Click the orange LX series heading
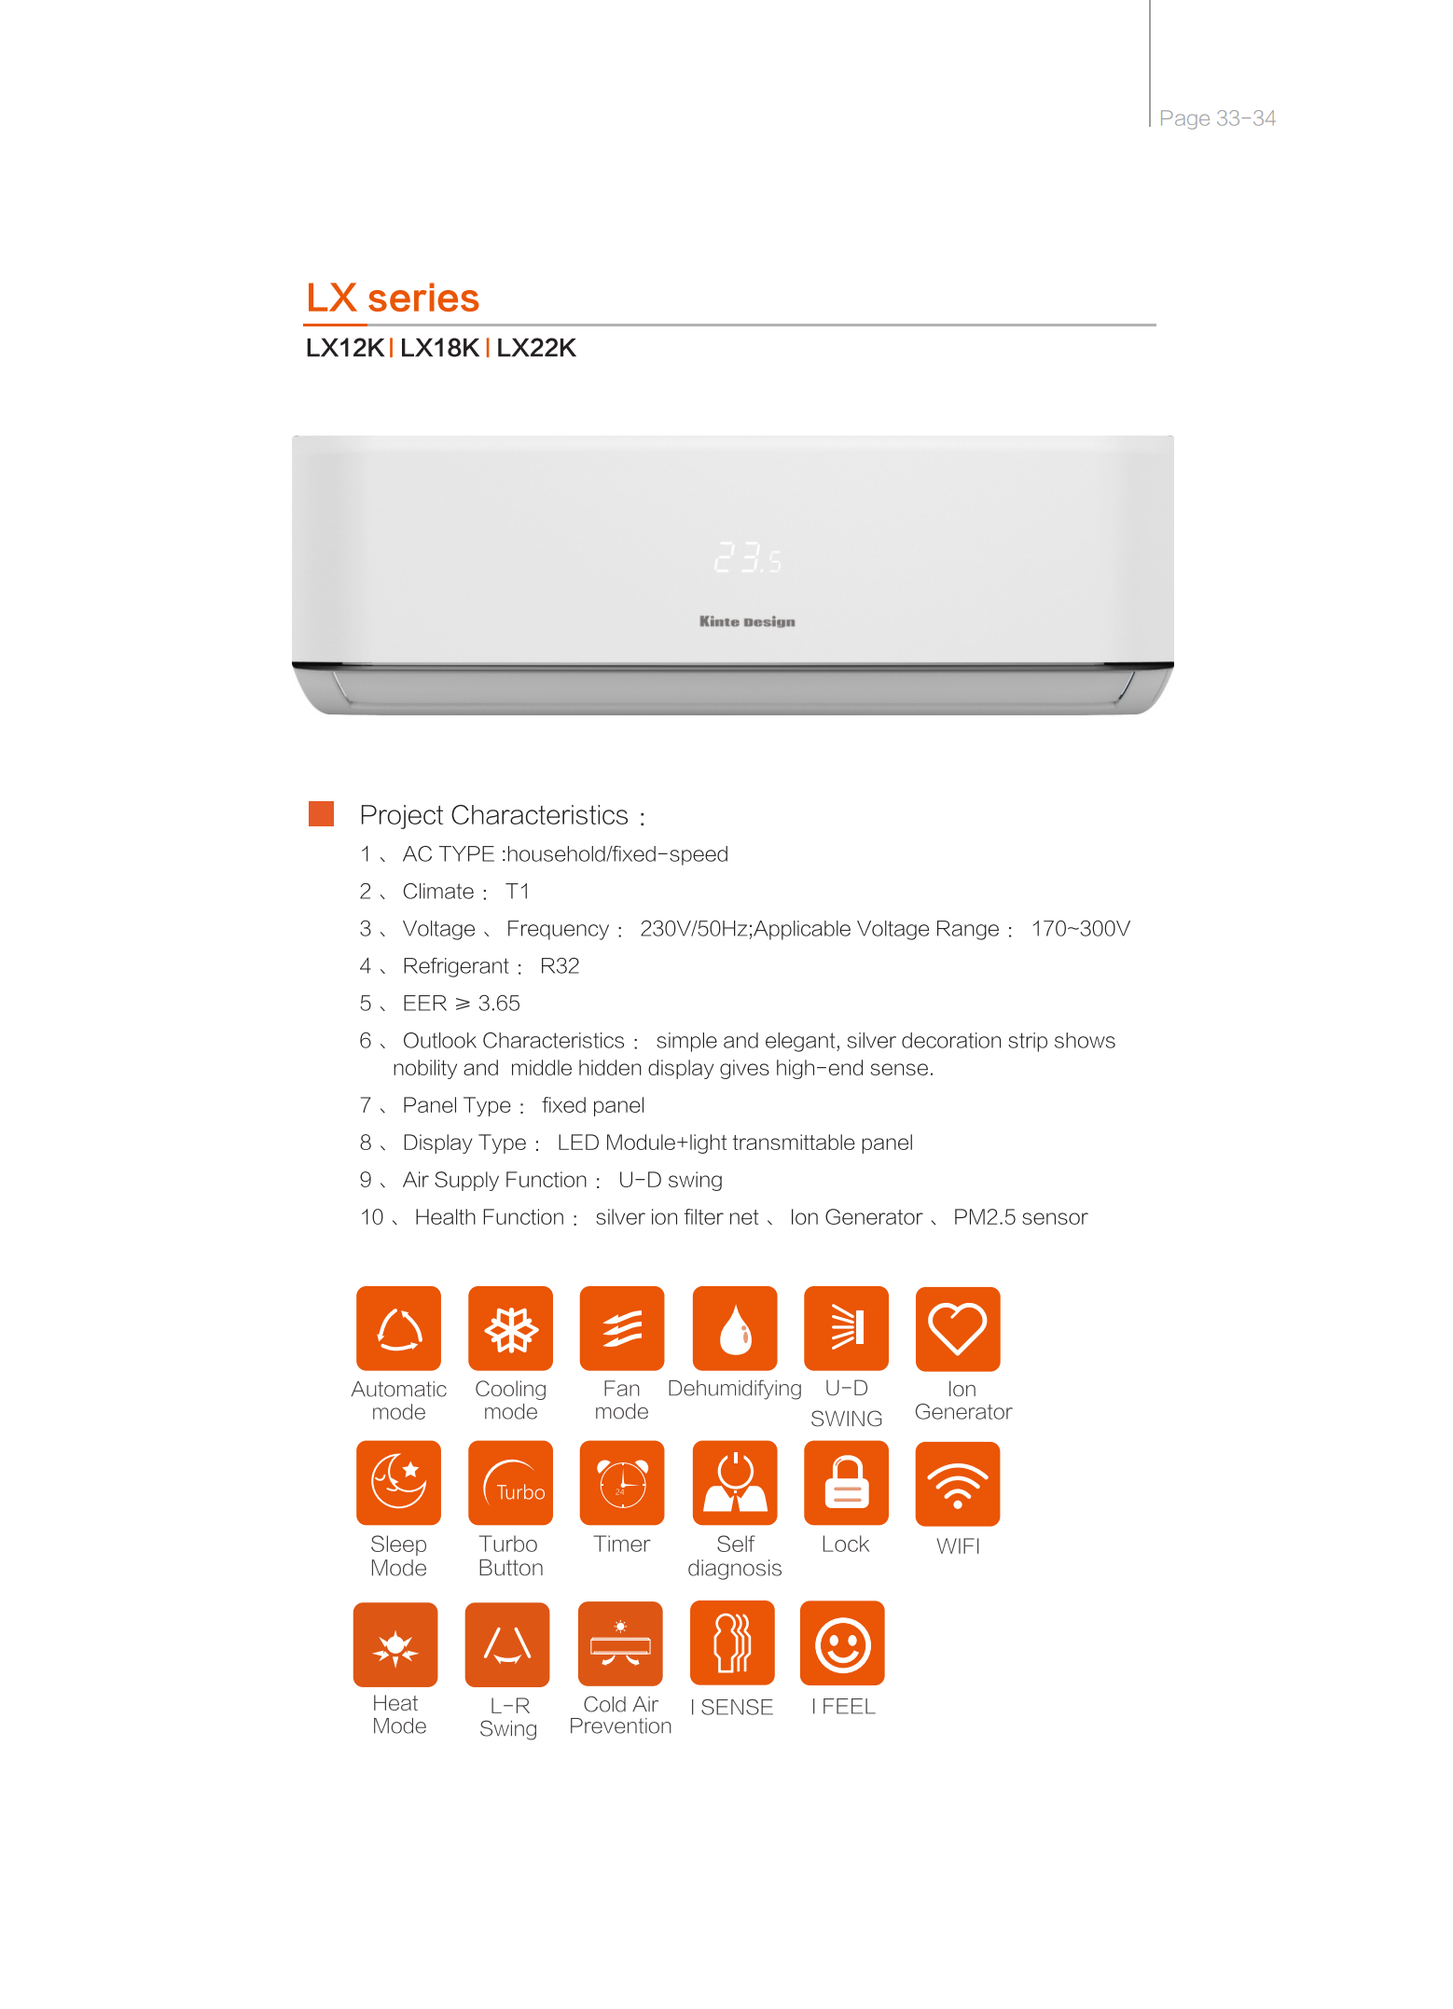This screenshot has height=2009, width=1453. tap(393, 298)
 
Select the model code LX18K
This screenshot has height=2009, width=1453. tap(439, 348)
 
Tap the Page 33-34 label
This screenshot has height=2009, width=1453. tap(1217, 118)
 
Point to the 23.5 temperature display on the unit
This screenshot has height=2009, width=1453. tap(748, 558)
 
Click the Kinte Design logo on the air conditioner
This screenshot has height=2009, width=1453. tap(747, 621)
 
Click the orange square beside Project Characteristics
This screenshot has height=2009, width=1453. tap(321, 813)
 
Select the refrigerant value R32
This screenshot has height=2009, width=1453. tap(560, 966)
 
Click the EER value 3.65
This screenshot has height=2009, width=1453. tap(499, 1004)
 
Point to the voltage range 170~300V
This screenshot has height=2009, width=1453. tap(1080, 929)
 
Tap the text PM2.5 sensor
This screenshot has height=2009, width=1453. tap(1020, 1217)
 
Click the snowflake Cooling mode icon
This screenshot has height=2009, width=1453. tap(510, 1329)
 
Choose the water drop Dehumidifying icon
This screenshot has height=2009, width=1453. tap(735, 1329)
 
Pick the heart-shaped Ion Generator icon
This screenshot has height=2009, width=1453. tap(958, 1329)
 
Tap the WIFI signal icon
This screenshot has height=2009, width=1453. tap(958, 1484)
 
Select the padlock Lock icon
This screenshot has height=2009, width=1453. tap(846, 1483)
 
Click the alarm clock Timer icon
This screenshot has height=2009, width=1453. tap(622, 1483)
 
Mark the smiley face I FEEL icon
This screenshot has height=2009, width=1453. tap(842, 1643)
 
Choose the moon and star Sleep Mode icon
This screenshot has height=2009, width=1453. tap(398, 1483)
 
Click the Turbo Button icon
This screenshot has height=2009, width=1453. tap(510, 1483)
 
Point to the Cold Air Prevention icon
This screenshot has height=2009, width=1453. tap(620, 1644)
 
